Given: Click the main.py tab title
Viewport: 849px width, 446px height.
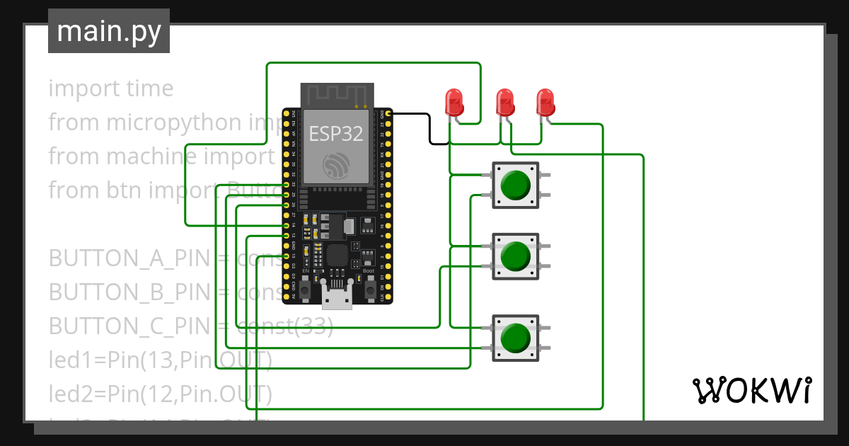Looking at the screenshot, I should click(108, 31).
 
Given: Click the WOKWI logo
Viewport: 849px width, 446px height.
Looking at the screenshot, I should click(751, 390).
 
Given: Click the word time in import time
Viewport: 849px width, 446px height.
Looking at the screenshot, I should click(149, 88).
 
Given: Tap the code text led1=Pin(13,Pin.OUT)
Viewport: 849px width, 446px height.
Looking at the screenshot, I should click(160, 360).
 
